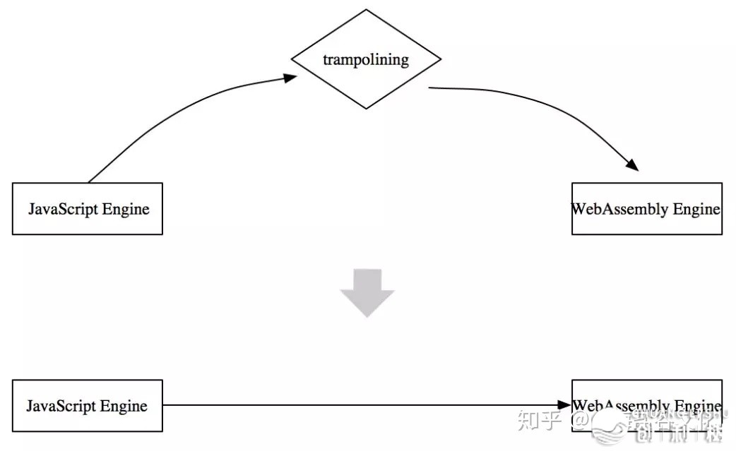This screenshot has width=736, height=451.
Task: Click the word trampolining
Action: pyautogui.click(x=366, y=59)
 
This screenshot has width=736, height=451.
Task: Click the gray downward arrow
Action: pyautogui.click(x=367, y=292)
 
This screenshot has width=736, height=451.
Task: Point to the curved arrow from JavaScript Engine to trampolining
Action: pyautogui.click(x=177, y=113)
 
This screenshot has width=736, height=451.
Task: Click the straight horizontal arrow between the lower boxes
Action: pyautogui.click(x=353, y=405)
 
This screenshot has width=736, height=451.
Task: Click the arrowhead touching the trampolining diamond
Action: pyautogui.click(x=290, y=78)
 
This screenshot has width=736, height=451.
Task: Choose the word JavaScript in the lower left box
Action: pyautogui.click(x=62, y=407)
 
